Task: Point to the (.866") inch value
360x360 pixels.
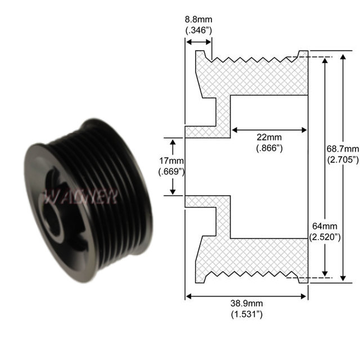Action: [x=268, y=148]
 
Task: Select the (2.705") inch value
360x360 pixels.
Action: [x=343, y=159]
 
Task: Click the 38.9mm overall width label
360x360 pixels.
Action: [x=246, y=304]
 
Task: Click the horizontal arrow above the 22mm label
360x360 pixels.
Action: [x=269, y=129]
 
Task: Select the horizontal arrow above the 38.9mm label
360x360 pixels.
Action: [x=246, y=295]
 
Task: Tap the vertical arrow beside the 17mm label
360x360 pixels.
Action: [x=173, y=166]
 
